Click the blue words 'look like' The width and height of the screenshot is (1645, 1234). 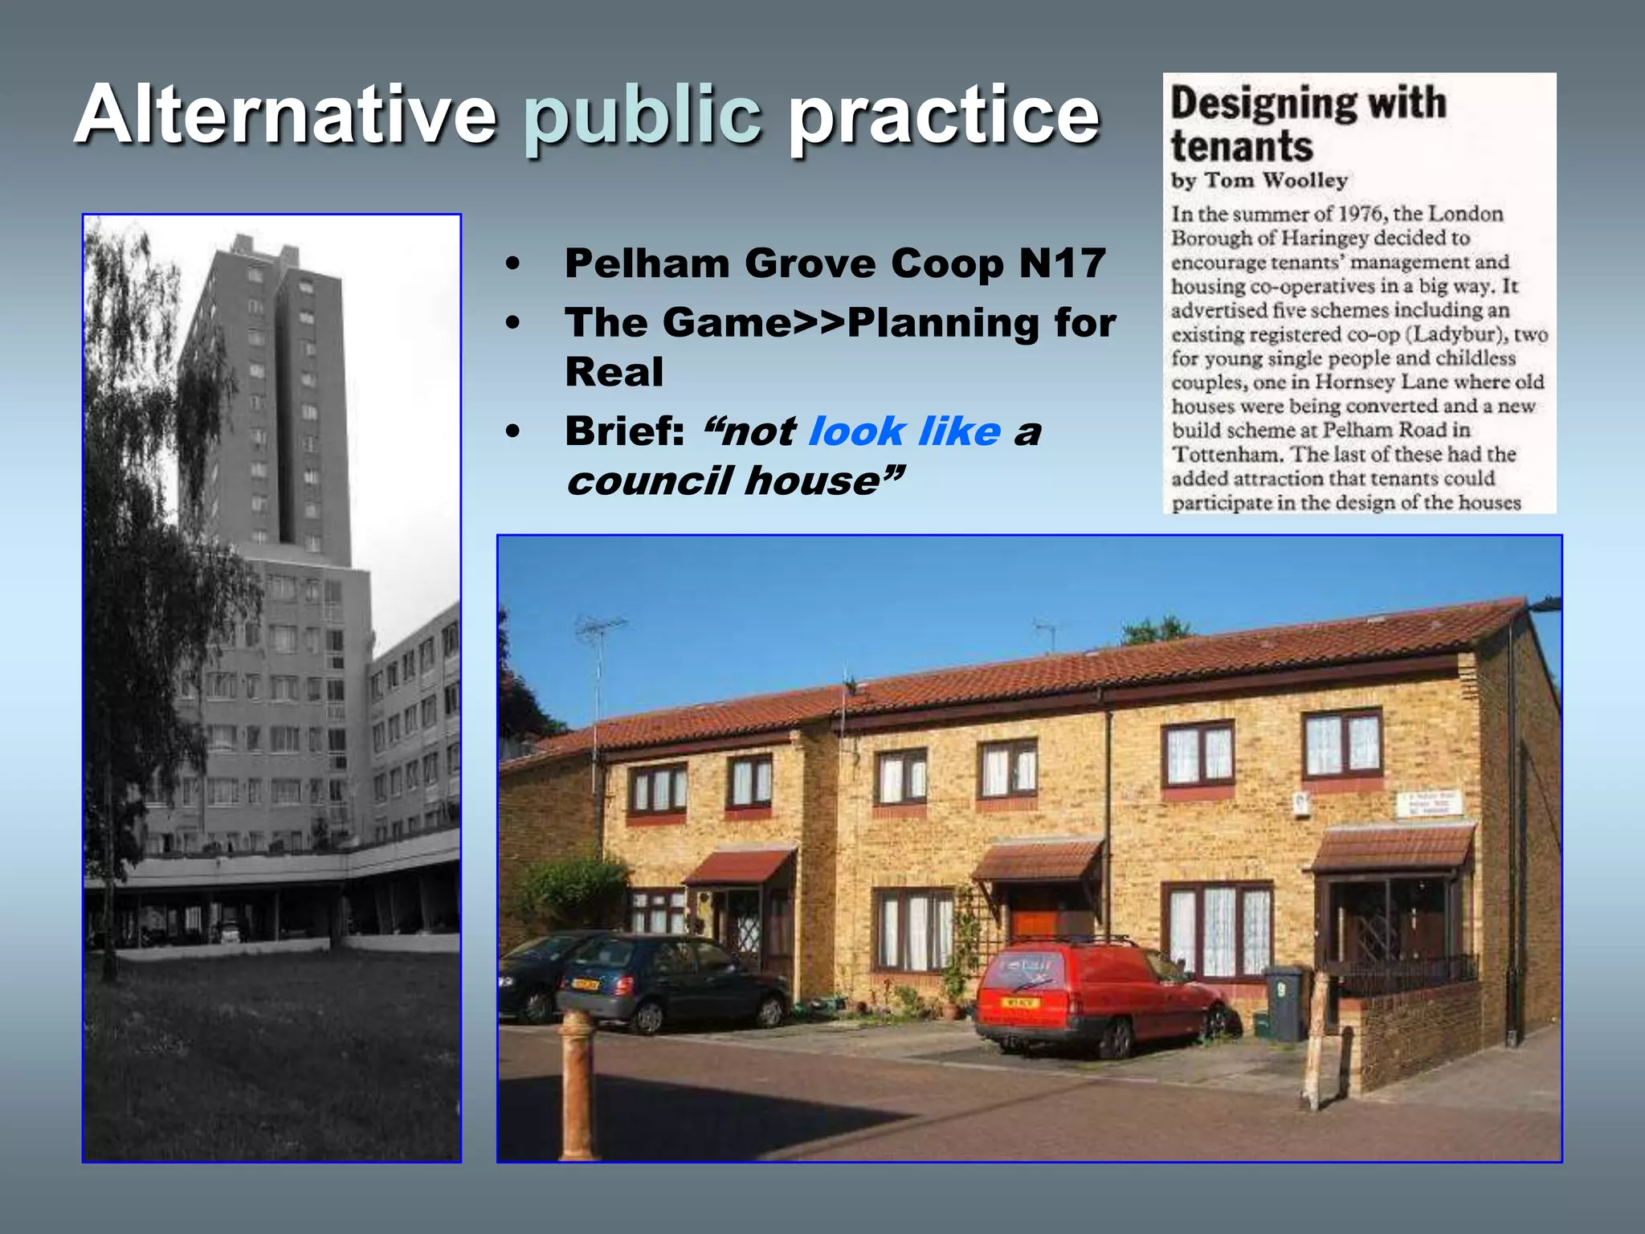904,431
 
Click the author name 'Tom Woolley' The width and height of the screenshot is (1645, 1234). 1276,181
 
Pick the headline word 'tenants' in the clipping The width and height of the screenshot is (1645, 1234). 1242,146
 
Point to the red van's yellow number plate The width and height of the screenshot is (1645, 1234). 1020,1003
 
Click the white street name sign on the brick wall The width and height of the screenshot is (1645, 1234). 1431,803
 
